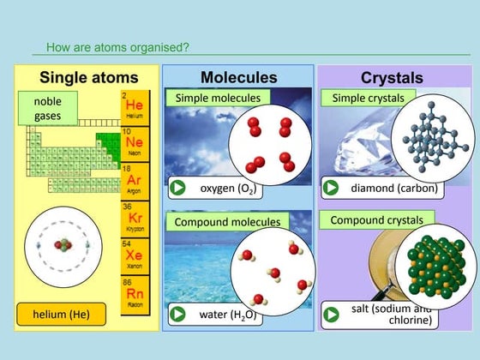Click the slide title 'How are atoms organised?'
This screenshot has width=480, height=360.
point(118,47)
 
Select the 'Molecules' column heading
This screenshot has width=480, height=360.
point(238,78)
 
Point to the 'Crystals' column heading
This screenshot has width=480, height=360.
point(392,78)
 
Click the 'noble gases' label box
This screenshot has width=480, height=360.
point(48,108)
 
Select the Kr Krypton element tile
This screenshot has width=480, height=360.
point(135,219)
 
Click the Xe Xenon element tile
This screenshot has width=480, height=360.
point(135,257)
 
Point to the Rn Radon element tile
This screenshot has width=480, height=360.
point(135,293)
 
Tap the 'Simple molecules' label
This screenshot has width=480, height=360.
point(218,99)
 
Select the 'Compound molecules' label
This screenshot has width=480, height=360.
point(227,222)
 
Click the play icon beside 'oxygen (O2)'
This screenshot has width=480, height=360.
point(177,188)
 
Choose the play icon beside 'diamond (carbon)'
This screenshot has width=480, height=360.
point(332,188)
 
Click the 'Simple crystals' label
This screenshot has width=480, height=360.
point(367,99)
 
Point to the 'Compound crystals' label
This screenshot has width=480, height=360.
point(377,220)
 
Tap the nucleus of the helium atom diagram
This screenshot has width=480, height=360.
point(63,245)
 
